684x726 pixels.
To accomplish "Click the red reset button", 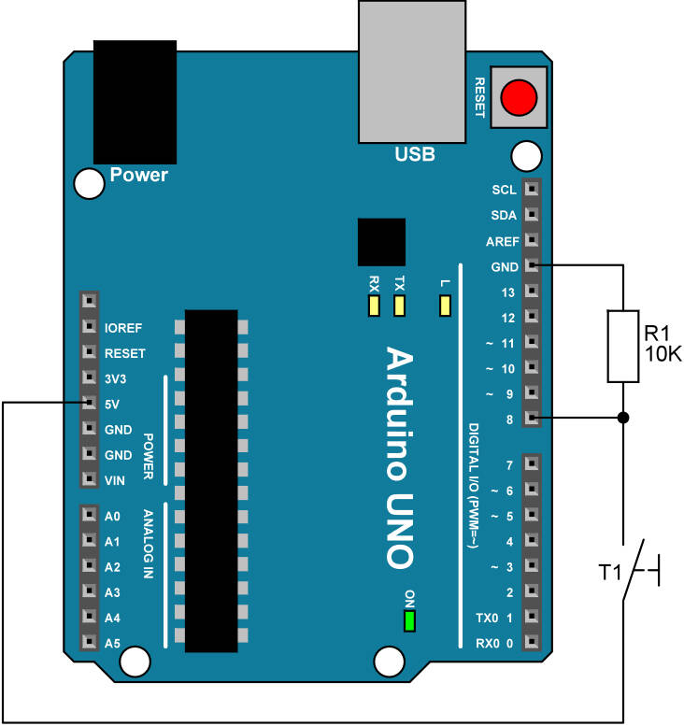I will tap(519, 97).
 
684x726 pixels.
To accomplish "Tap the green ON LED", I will tap(408, 620).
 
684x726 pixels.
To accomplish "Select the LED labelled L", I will tap(445, 306).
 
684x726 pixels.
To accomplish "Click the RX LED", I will tap(374, 306).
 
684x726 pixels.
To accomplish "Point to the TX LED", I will tap(400, 306).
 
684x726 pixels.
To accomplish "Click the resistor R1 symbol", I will tap(623, 346).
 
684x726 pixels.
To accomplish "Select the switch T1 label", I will tap(610, 569).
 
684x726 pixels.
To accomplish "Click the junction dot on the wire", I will tap(623, 418).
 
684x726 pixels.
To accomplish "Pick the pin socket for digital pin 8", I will tap(531, 419).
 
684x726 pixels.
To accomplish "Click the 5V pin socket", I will tap(89, 404).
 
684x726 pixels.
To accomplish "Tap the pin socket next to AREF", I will tap(531, 240).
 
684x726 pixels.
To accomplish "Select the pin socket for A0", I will tap(89, 515).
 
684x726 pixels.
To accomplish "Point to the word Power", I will tap(139, 175).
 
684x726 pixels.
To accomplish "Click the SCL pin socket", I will tap(531, 189).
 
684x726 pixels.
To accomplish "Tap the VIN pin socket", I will tap(89, 479).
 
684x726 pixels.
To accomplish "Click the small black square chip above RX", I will tap(380, 243).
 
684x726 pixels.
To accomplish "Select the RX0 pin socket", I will tap(531, 643).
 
